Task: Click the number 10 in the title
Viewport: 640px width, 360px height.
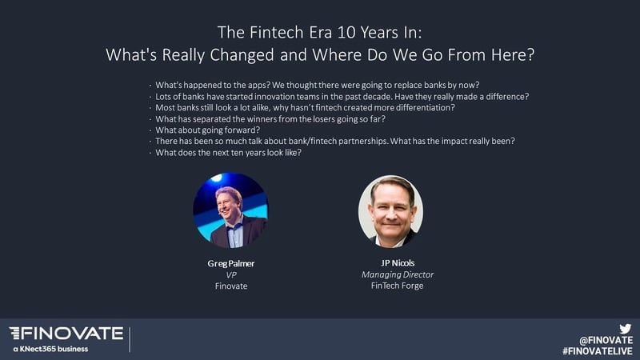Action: pos(346,33)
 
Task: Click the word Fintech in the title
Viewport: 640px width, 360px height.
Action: pos(277,33)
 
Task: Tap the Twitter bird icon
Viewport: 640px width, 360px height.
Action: pos(625,328)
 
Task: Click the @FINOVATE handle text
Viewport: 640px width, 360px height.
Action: pos(606,340)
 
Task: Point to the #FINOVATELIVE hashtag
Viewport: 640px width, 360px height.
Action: pos(597,351)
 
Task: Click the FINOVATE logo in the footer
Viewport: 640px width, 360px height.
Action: pos(66,334)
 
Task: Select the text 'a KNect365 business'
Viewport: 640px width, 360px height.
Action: pos(50,349)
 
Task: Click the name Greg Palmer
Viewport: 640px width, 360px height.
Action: pos(231,264)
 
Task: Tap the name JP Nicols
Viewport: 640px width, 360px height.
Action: pos(398,263)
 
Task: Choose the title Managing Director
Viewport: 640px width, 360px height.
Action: pos(398,275)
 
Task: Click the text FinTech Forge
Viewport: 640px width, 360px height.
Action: pos(397,286)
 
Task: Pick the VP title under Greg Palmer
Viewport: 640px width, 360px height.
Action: pos(231,275)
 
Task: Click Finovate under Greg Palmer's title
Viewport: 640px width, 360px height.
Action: pos(231,286)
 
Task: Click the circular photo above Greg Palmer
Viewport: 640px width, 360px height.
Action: pos(230,210)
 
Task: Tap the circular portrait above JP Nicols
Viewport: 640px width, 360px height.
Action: pos(390,211)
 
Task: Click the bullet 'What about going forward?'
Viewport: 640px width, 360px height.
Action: pos(208,130)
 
